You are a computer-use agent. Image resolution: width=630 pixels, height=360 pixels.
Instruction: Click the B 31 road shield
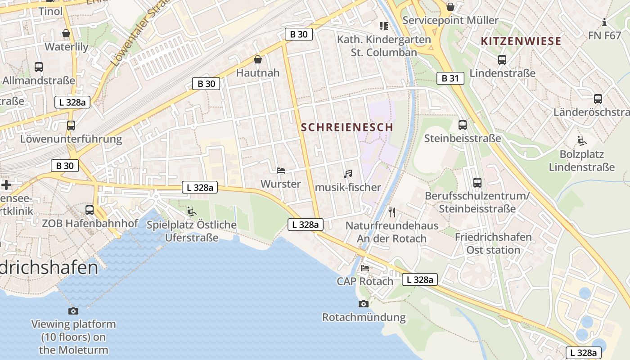tap(450, 78)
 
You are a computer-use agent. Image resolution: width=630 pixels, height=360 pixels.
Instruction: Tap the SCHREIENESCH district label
tap(347, 127)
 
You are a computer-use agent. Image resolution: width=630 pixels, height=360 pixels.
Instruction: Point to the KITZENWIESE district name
tap(521, 41)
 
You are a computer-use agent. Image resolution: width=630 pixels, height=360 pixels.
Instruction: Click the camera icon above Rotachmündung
tap(363, 304)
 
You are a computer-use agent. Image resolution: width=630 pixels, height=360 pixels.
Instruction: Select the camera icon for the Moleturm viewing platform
tap(73, 311)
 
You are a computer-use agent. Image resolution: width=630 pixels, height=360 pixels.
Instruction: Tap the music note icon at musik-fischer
tap(347, 174)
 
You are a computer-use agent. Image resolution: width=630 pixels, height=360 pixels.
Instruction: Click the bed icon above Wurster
tap(281, 171)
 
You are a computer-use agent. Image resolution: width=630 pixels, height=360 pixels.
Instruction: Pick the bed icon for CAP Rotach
tap(365, 268)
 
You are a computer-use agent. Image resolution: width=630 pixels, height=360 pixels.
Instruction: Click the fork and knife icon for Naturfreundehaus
tap(391, 211)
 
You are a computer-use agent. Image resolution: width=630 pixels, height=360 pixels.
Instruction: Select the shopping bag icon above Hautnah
tap(258, 59)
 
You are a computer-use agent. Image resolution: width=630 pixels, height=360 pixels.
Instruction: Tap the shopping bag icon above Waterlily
tap(66, 33)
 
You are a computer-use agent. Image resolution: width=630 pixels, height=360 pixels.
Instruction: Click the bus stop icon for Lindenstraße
tap(502, 59)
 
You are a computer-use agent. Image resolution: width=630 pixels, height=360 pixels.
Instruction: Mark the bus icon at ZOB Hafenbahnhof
tap(90, 210)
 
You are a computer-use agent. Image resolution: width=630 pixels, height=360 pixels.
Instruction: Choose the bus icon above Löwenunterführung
tap(71, 126)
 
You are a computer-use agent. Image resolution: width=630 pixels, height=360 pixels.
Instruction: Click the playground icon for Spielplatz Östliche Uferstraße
tap(192, 211)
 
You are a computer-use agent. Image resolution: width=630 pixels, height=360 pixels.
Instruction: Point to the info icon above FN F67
tap(604, 22)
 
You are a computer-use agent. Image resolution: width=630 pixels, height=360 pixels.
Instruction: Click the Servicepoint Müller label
tap(450, 20)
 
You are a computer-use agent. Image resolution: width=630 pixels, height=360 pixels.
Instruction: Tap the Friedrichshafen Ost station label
tap(493, 243)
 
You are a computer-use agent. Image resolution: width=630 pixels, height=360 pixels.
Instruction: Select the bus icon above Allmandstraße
tap(38, 67)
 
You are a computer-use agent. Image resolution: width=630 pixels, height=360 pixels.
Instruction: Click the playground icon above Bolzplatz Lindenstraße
tap(581, 140)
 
